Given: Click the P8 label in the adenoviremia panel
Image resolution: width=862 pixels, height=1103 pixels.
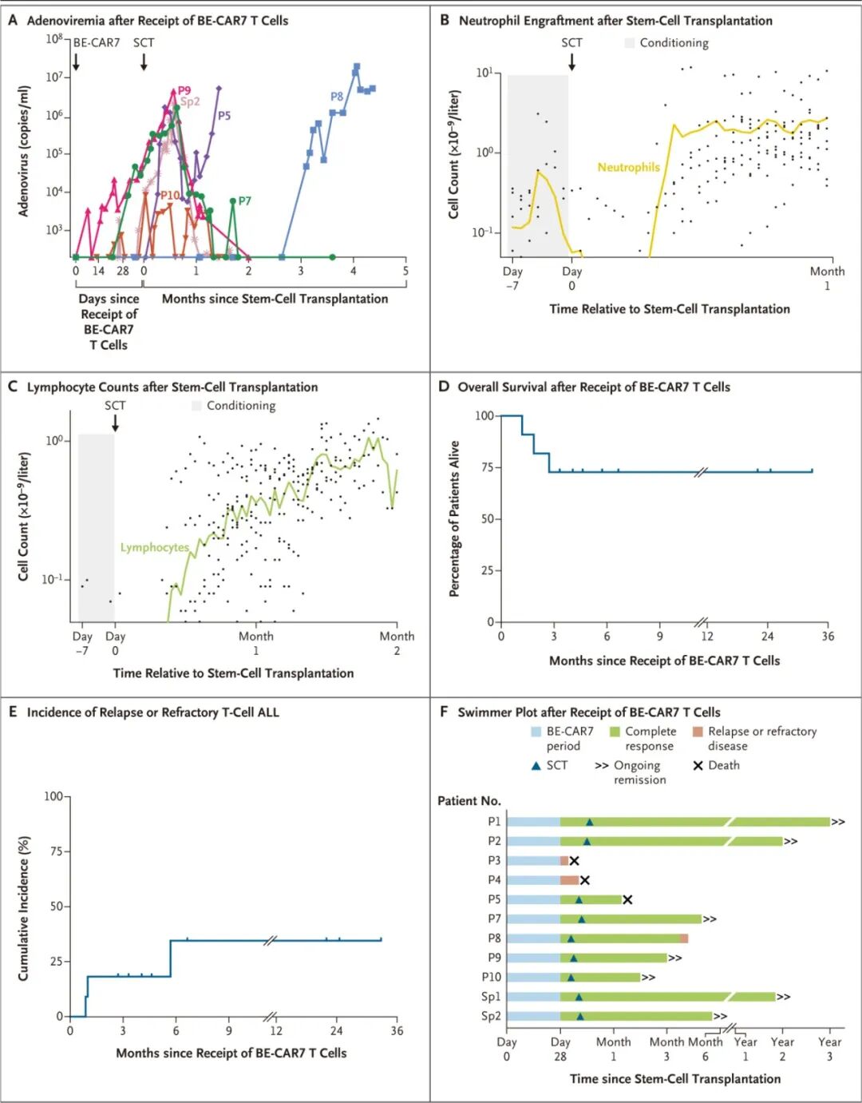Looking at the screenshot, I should [337, 97].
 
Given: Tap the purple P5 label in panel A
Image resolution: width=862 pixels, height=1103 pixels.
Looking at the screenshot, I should [224, 116].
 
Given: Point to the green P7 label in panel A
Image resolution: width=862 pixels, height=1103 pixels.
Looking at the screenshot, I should [244, 200].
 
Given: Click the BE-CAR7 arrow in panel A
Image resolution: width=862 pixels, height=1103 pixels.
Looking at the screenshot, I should [76, 61].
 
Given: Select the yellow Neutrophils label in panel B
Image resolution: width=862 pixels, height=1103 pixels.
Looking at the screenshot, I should [628, 167].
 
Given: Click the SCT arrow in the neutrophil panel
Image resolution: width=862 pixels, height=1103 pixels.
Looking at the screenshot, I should [571, 61].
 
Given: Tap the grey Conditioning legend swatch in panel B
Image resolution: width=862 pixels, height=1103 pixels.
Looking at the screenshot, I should [630, 43].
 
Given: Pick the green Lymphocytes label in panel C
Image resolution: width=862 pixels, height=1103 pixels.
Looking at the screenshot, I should [155, 547].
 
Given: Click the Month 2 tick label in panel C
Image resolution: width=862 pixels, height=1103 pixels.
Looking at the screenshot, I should [397, 643].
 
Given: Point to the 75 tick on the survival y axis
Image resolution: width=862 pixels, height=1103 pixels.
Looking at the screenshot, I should [484, 467].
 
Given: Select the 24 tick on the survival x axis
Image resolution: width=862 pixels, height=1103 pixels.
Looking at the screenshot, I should [767, 637].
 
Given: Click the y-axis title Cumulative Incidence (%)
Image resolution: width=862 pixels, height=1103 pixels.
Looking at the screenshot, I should [24, 908].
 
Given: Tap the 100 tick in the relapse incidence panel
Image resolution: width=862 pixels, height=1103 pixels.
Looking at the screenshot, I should [53, 796].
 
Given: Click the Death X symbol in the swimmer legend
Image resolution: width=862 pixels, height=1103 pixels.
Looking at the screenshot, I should [698, 765].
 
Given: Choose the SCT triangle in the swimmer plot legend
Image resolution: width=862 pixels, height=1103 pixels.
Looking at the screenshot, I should [536, 765].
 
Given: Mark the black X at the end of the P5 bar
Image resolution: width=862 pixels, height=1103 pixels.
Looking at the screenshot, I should [627, 899].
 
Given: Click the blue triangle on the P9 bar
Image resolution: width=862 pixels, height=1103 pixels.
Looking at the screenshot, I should [574, 958].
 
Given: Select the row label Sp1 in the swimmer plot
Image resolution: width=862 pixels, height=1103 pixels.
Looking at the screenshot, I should [491, 997].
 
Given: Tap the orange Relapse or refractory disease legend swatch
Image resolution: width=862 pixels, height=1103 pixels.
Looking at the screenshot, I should [698, 732].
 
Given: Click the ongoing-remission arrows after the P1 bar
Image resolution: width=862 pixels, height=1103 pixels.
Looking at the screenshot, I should [838, 822].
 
